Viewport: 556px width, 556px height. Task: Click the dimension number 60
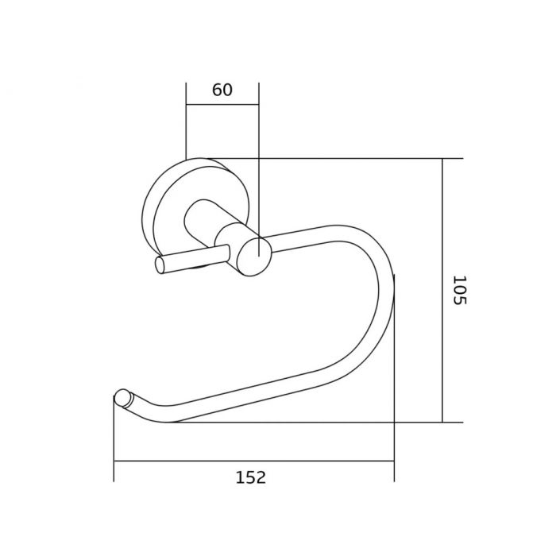pyautogui.click(x=222, y=90)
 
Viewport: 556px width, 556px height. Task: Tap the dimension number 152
pyautogui.click(x=251, y=477)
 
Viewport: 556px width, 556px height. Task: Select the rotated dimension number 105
pyautogui.click(x=460, y=290)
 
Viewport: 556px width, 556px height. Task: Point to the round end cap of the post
pyautogui.click(x=255, y=257)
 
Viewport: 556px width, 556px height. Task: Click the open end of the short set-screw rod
pyautogui.click(x=160, y=264)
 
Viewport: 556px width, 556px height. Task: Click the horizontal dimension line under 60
pyautogui.click(x=222, y=105)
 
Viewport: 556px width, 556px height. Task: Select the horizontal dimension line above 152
pyautogui.click(x=254, y=461)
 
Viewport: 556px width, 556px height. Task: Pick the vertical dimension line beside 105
pyautogui.click(x=442, y=291)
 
